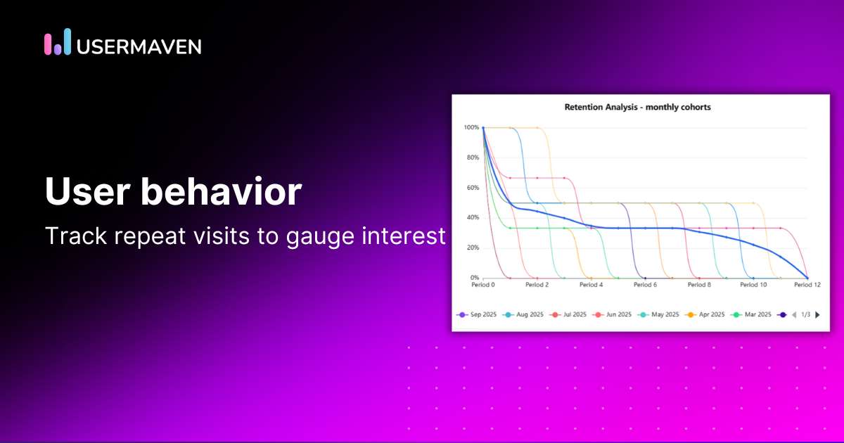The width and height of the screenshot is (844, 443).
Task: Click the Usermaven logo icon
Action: [58, 42]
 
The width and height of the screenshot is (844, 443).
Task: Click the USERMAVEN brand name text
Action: [139, 46]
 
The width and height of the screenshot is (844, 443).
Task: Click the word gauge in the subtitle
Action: [326, 236]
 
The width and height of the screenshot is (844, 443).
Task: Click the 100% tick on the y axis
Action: [471, 127]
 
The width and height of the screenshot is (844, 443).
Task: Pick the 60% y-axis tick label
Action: [472, 188]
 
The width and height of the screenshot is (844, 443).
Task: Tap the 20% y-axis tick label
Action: [472, 248]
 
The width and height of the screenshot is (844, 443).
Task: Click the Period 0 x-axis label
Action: [483, 285]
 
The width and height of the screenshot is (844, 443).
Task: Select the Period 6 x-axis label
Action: [645, 285]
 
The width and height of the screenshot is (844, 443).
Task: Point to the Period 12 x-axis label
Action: [807, 285]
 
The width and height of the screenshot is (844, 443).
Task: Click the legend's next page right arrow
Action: [817, 314]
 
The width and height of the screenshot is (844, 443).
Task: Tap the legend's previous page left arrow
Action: [794, 314]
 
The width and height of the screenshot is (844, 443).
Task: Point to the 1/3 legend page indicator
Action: [806, 314]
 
